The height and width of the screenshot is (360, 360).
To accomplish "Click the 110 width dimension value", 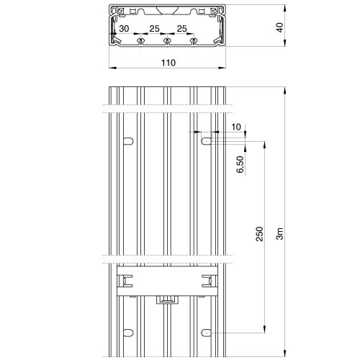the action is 168,63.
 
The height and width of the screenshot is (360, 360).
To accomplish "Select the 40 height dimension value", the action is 279,27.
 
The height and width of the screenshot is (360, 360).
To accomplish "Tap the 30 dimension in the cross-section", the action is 124,29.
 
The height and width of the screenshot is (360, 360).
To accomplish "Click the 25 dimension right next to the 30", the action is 154,29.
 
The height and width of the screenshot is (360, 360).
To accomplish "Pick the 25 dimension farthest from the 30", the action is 181,29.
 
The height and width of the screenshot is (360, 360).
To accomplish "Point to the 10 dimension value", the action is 236,127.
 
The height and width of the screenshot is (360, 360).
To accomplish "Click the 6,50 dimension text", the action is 240,164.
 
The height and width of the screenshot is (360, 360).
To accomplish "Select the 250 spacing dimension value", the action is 259,234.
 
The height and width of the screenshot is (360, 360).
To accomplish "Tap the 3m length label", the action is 280,233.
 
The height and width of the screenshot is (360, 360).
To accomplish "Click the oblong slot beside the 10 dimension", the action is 206,141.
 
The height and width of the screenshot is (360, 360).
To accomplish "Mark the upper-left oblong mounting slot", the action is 128,141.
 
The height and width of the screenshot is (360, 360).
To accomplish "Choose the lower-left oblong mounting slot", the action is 128,333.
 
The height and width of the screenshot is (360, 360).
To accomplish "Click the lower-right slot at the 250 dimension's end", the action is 206,333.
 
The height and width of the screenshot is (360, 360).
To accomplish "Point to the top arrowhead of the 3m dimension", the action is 284,90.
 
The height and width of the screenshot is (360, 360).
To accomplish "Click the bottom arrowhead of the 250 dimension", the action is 264,329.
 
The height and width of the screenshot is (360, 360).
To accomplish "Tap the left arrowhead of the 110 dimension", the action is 112,68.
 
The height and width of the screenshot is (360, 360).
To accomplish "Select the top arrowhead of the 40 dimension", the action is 284,9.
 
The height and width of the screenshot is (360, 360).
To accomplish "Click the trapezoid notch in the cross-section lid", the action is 167,11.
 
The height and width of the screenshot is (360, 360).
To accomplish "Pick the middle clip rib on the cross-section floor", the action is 166,41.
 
